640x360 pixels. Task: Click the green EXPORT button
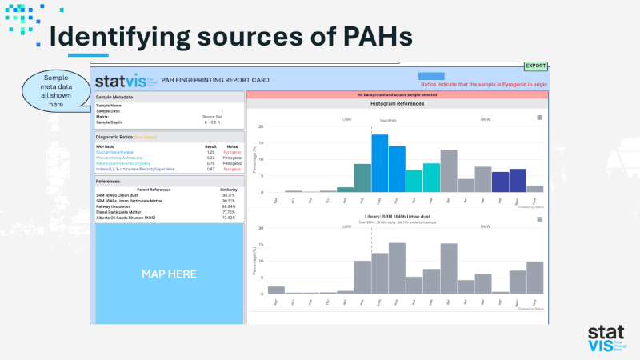(x=535, y=66)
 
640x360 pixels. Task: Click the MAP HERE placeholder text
(x=169, y=274)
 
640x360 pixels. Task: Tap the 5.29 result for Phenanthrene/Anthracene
(x=211, y=158)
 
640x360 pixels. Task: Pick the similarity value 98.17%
(x=228, y=194)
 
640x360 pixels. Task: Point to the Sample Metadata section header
(x=116, y=97)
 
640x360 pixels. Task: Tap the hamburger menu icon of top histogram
(x=540, y=118)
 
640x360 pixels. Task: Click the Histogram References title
(x=398, y=104)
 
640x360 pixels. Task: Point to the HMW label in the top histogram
(x=485, y=119)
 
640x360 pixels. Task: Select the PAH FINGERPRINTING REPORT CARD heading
(x=215, y=80)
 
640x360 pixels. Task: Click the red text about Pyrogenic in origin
(x=482, y=84)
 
